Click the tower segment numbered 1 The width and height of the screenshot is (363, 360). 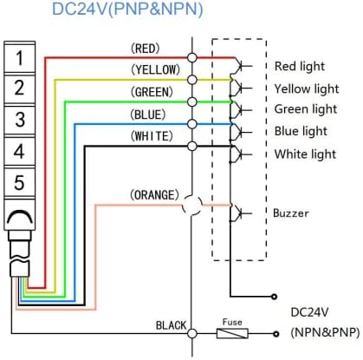[x=19, y=58]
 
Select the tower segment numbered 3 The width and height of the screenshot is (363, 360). [x=19, y=120]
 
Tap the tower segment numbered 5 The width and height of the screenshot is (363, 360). [x=19, y=182]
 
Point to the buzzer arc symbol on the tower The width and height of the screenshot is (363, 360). [x=20, y=216]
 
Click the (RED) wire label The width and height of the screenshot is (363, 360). [x=146, y=49]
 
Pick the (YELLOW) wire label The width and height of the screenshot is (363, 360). [x=155, y=69]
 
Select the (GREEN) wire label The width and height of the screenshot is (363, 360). [x=152, y=92]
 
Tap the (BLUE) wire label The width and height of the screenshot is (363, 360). [x=148, y=115]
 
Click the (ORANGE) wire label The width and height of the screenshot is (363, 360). [x=154, y=195]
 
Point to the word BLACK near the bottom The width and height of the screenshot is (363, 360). [x=172, y=325]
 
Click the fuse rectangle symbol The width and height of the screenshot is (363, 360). [x=232, y=333]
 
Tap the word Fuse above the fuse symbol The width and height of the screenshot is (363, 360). [x=232, y=322]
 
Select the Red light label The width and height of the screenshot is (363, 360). [x=300, y=67]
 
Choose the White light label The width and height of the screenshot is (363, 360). [x=305, y=154]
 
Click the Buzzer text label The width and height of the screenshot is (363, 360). [x=291, y=213]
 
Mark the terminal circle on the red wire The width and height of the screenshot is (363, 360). [x=192, y=57]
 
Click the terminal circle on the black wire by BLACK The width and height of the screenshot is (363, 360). [x=192, y=334]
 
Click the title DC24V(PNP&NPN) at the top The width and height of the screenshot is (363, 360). [x=127, y=9]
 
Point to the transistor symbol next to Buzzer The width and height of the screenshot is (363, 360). [x=240, y=213]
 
